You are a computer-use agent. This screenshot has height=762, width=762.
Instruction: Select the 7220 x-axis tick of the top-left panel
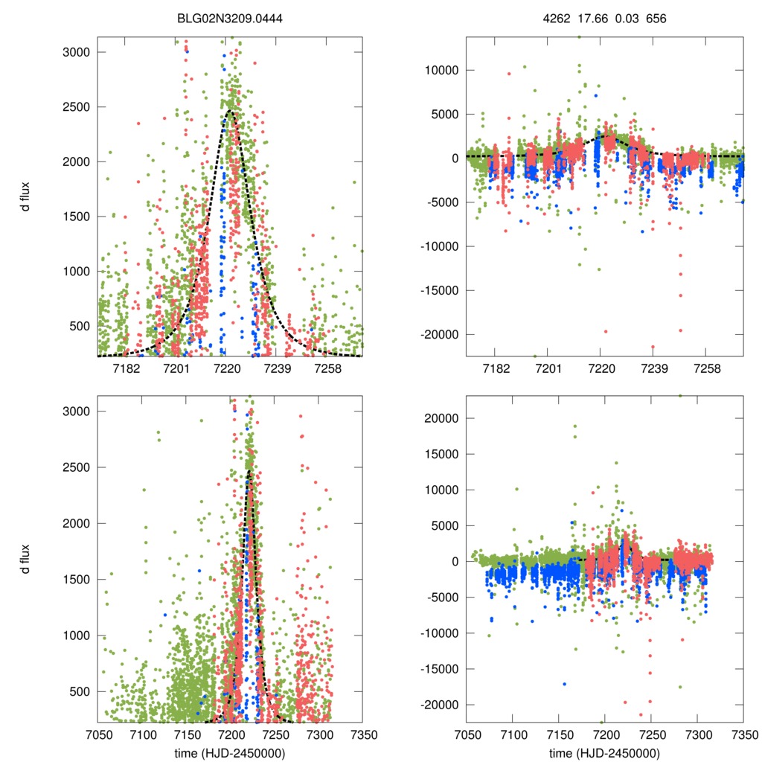click(x=226, y=369)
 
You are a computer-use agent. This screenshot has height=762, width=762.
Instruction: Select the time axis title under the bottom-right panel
click(x=604, y=752)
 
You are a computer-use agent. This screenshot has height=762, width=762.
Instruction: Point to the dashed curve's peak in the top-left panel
click(x=230, y=110)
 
